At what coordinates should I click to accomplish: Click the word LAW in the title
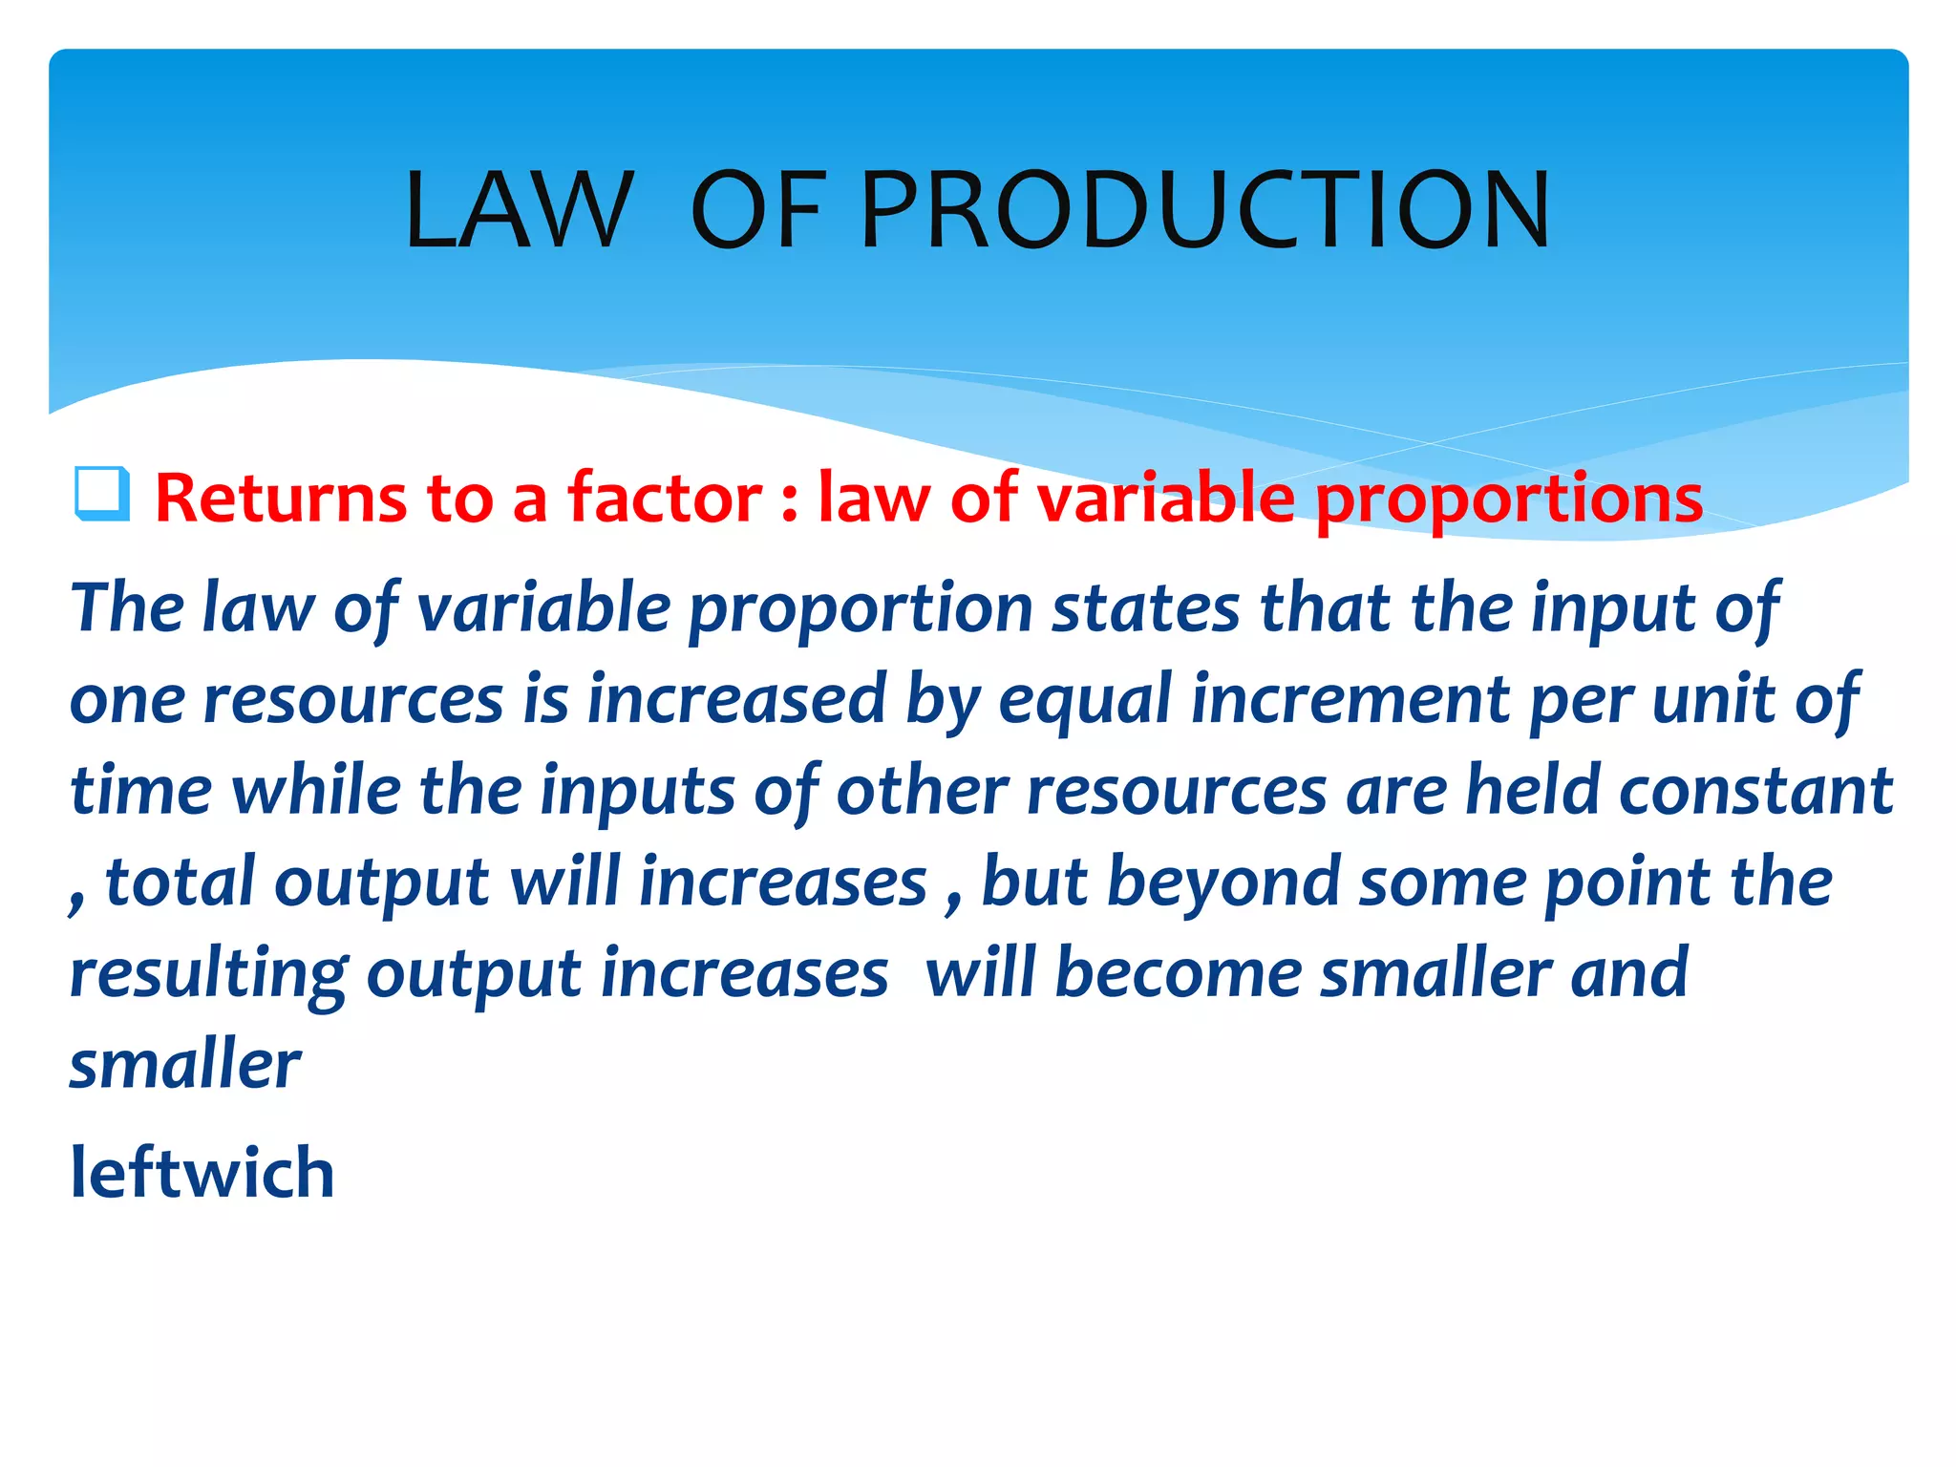519,210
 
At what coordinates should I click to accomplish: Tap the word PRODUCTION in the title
1205,210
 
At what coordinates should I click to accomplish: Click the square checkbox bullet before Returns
102,494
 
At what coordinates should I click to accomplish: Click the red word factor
665,499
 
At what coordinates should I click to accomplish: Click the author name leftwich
202,1173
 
